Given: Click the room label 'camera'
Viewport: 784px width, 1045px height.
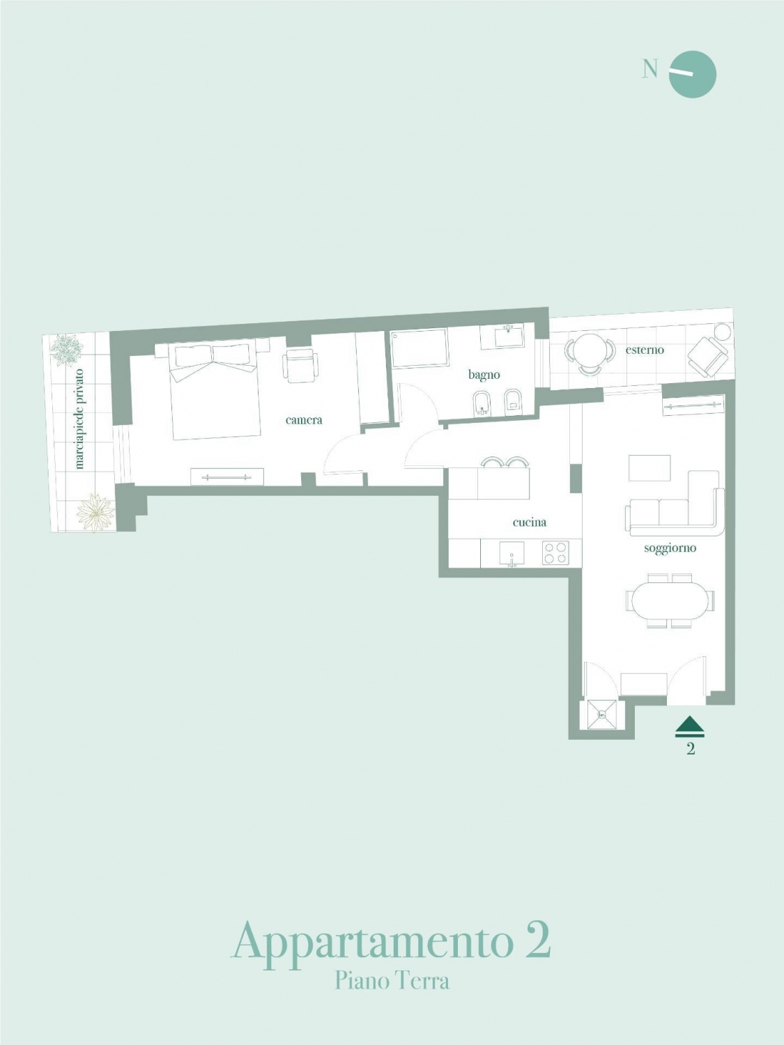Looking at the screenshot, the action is [304, 420].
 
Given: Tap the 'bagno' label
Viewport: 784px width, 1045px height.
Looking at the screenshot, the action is [484, 375].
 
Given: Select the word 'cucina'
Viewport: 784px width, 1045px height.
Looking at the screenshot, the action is [530, 522].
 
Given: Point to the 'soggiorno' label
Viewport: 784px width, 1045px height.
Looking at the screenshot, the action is [670, 548].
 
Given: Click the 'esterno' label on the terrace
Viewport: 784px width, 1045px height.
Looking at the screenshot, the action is [645, 350].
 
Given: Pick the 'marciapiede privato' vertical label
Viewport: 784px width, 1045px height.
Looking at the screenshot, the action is [79, 419].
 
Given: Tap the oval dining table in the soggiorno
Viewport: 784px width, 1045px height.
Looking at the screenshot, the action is [670, 601].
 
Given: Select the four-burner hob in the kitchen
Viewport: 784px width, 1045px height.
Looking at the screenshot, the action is [555, 552].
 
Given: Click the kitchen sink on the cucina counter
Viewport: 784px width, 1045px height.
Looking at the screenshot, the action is [512, 554].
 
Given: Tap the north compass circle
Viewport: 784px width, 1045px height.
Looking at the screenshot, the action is [693, 75].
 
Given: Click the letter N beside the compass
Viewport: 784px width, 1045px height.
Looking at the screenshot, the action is [650, 70].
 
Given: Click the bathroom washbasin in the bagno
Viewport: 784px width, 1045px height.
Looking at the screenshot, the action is [509, 335].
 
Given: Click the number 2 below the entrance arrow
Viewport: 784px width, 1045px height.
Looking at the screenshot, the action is [691, 749].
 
